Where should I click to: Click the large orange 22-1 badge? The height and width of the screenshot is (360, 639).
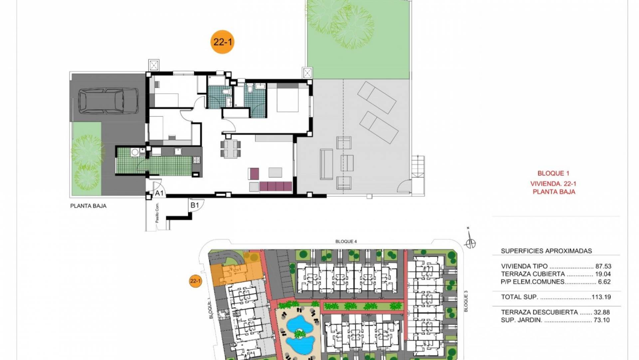point(223,42)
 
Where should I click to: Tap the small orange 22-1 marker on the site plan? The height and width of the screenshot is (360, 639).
point(195,281)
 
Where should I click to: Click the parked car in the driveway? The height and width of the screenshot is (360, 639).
point(108,101)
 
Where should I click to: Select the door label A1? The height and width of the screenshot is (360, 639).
point(159,193)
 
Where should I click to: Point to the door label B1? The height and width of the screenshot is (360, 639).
point(194,205)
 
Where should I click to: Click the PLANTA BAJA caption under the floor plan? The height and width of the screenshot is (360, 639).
point(88,206)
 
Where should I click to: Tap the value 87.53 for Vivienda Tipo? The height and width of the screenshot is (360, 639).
point(603,266)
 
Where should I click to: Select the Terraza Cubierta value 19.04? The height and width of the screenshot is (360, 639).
point(603,274)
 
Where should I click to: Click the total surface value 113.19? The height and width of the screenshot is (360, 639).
point(601,297)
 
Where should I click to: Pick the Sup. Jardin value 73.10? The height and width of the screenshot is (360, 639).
point(602,320)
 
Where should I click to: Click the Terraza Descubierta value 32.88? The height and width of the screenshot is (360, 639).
point(602,312)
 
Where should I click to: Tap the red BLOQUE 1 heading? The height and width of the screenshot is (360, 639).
point(553,173)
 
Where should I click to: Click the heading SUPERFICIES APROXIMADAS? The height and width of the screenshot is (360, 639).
point(546,251)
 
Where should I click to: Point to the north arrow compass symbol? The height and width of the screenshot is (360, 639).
point(470,240)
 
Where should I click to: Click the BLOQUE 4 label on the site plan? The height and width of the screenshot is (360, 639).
point(346,241)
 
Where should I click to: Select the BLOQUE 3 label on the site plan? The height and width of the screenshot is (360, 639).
point(466,301)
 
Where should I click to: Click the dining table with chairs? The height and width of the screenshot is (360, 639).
point(230,148)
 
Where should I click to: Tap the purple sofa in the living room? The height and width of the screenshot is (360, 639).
point(276,186)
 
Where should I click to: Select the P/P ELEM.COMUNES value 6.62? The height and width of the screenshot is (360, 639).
point(604,282)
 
